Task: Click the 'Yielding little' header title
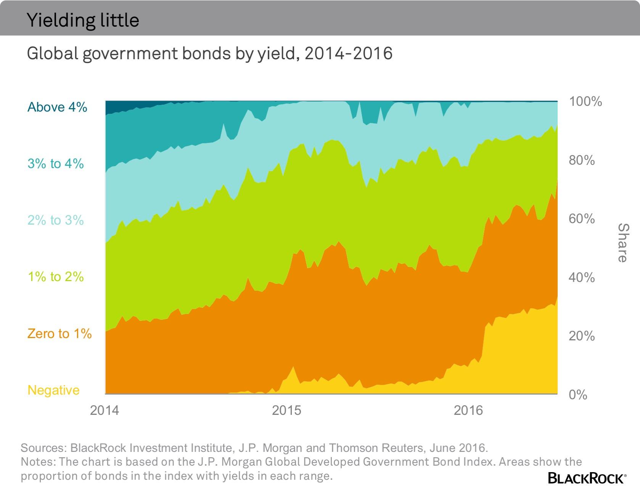[83, 20]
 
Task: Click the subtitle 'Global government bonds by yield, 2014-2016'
[209, 53]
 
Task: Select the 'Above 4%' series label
[57, 107]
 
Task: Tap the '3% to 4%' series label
[56, 163]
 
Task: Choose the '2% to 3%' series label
[56, 220]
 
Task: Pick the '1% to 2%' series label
[56, 277]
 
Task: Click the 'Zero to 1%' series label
[59, 333]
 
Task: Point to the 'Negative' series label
[54, 390]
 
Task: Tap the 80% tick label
[582, 160]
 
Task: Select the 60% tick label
[582, 218]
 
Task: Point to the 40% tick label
[582, 277]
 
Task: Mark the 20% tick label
[582, 336]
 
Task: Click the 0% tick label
[578, 395]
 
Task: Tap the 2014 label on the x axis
[105, 410]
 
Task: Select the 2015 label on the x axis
[286, 410]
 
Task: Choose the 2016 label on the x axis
[468, 410]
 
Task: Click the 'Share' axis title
[622, 243]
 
